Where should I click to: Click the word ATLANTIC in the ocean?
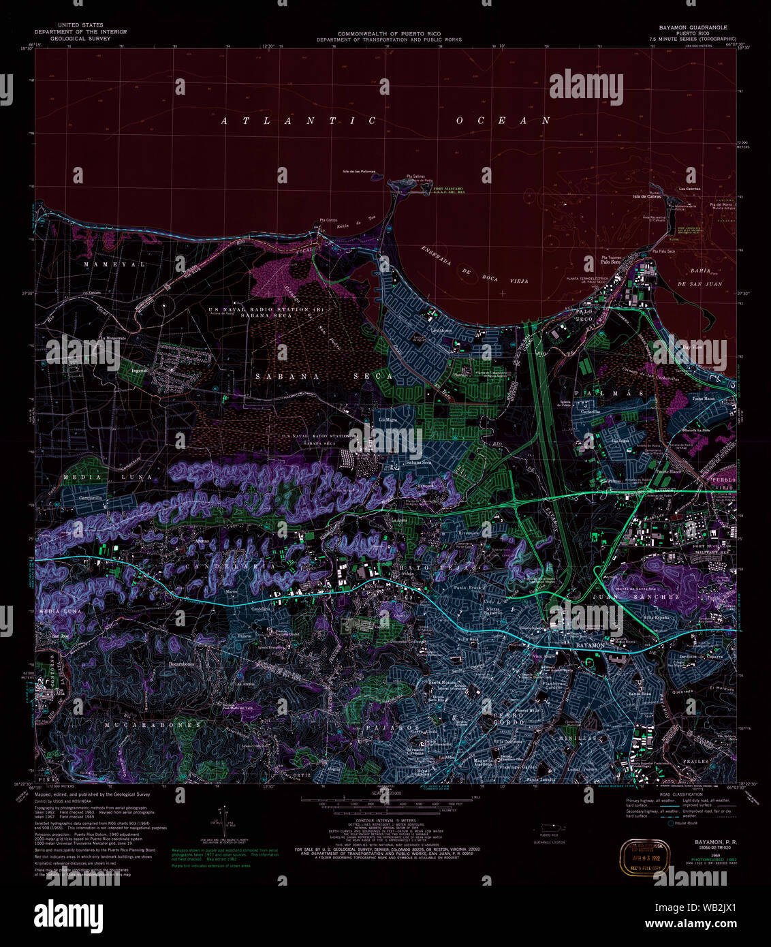[x=298, y=121]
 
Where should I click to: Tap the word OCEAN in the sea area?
[x=503, y=121]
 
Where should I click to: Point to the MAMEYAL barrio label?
[x=115, y=264]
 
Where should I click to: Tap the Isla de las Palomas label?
[x=358, y=171]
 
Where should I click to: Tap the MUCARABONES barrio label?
[x=152, y=725]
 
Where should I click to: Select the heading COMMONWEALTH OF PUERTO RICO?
[x=389, y=34]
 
